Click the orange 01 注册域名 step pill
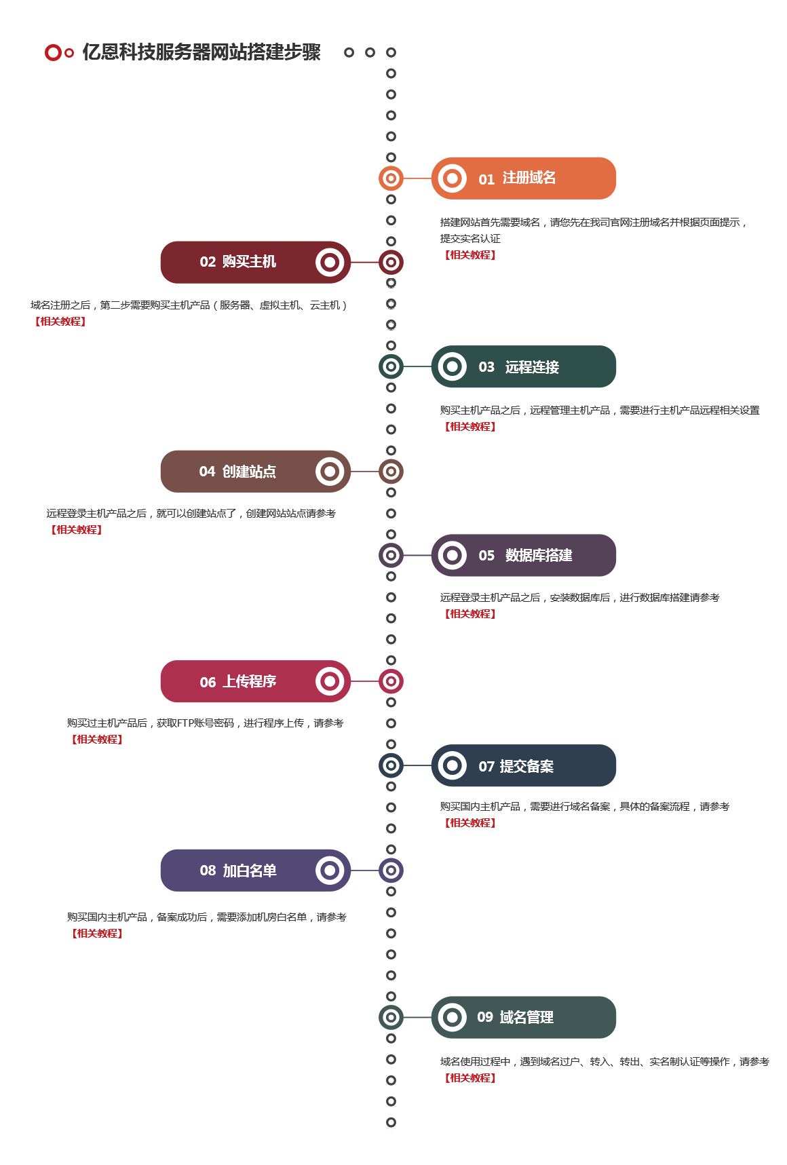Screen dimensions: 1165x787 (x=523, y=178)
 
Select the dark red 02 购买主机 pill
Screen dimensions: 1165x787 (x=255, y=262)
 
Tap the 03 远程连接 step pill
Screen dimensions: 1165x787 (x=523, y=366)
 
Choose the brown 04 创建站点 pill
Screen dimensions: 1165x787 (x=255, y=472)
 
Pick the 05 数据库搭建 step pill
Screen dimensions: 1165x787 (x=523, y=555)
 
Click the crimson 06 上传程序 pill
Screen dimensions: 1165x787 (x=255, y=681)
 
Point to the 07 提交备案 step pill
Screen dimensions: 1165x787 (x=523, y=765)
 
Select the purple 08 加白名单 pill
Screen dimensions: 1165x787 (x=255, y=871)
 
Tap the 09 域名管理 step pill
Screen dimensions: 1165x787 (x=523, y=1017)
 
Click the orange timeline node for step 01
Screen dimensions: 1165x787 (x=391, y=178)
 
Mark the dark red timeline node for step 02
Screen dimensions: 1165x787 (x=391, y=262)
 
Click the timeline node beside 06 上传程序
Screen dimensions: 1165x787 (x=391, y=681)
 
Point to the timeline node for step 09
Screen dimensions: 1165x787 (x=391, y=1017)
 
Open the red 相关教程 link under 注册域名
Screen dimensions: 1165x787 (x=470, y=255)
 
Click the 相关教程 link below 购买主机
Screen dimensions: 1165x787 (x=60, y=322)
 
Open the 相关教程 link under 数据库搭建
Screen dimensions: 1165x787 (x=470, y=614)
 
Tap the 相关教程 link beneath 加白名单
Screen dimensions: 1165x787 (x=98, y=934)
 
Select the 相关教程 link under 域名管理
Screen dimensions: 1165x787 (x=470, y=1078)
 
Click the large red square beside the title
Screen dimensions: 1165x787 (x=52, y=52)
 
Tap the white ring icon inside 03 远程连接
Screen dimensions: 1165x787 (x=453, y=366)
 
